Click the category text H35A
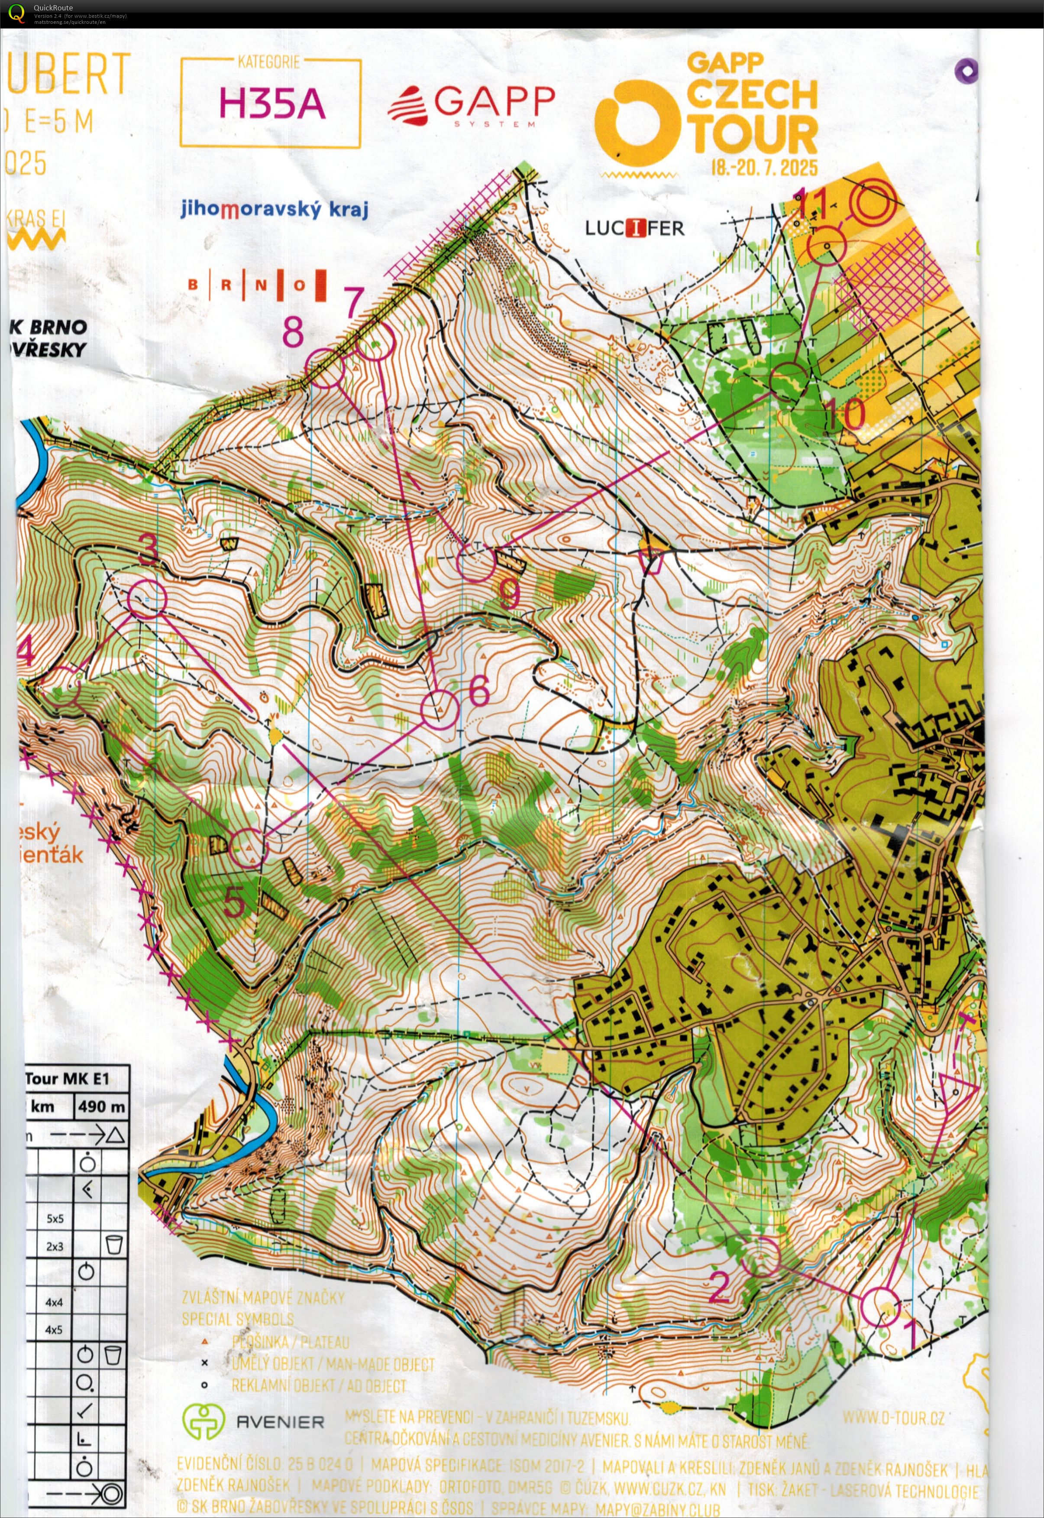coord(272,104)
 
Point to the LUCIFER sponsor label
coord(634,228)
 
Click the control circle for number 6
coord(440,709)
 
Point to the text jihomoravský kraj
coord(275,209)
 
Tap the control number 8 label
coord(292,332)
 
